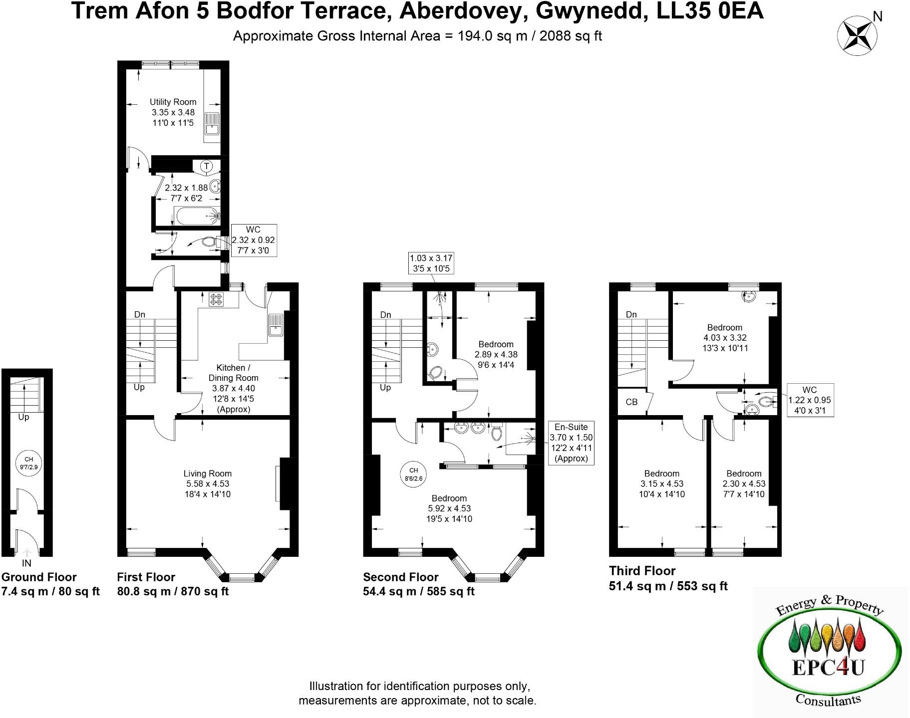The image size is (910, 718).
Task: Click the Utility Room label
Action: [x=173, y=102]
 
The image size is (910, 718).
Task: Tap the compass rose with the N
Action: [x=857, y=33]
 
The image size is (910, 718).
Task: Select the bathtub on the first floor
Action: [x=198, y=217]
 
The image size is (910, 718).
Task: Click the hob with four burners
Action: [x=217, y=299]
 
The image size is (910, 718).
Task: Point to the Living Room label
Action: [x=207, y=474]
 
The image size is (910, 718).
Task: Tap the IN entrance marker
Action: [x=26, y=563]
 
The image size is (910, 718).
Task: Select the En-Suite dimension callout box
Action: [x=571, y=443]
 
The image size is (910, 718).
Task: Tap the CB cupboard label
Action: [x=631, y=402]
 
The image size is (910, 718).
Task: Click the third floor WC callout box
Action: [x=809, y=400]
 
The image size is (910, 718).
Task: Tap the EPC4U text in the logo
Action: [x=828, y=667]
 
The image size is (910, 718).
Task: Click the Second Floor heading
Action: [x=400, y=577]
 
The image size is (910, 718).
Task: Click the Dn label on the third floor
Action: [x=631, y=314]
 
